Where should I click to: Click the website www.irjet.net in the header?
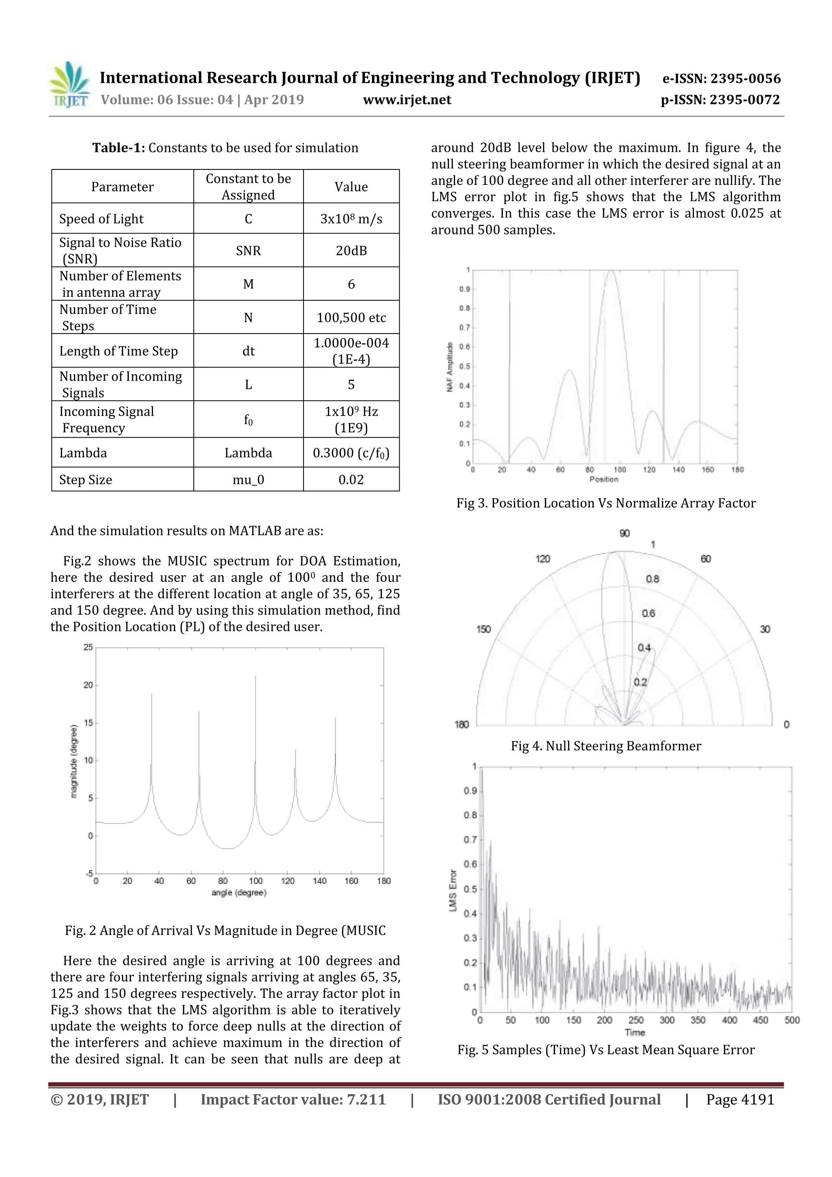click(x=407, y=100)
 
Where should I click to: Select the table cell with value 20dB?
click(x=351, y=251)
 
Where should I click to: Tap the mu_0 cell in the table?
click(x=248, y=480)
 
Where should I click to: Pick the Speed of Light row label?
click(x=102, y=219)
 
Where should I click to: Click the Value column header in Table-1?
click(x=351, y=186)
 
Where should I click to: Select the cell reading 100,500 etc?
click(x=351, y=318)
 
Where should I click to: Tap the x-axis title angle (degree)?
click(x=239, y=893)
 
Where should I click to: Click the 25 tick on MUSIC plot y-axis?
click(x=88, y=648)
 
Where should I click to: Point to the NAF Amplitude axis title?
click(x=450, y=367)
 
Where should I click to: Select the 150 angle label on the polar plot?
click(x=483, y=629)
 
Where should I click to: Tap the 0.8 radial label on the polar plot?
click(x=652, y=579)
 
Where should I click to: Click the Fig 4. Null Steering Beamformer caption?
click(x=606, y=746)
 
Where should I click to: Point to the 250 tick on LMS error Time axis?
click(x=636, y=1020)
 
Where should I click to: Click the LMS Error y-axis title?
click(x=453, y=891)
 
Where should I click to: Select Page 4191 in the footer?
click(x=740, y=1099)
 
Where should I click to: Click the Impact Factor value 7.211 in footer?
click(x=293, y=1099)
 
